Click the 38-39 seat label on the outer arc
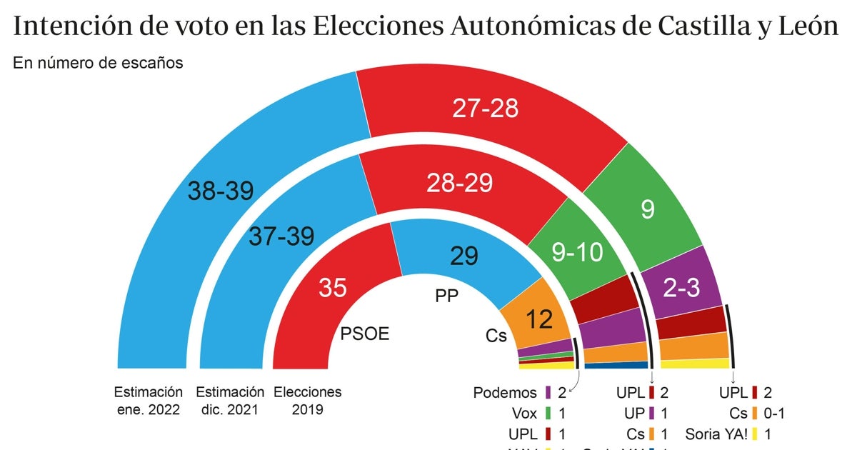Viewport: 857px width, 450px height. (x=221, y=190)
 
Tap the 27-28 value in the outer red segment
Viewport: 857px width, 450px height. (x=485, y=108)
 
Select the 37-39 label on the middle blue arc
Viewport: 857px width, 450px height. (x=281, y=236)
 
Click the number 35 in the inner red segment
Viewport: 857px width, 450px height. (x=333, y=287)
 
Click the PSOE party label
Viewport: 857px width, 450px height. (x=365, y=334)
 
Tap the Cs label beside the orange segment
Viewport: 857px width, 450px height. (x=496, y=336)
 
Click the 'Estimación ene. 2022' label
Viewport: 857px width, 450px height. (x=148, y=401)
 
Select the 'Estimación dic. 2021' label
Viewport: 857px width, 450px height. (x=230, y=401)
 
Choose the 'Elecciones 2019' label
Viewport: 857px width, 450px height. (x=308, y=401)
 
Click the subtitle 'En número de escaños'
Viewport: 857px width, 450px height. (x=98, y=63)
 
